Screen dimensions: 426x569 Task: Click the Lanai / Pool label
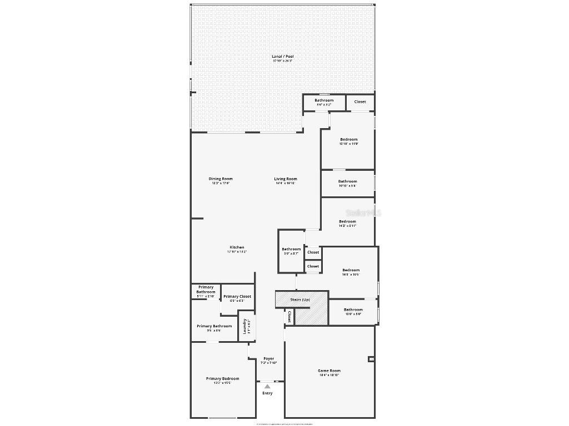(282, 57)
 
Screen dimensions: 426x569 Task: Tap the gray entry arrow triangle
(267, 387)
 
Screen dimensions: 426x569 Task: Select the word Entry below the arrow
(267, 393)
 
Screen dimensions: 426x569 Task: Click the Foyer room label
(269, 359)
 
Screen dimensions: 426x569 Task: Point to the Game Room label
(329, 371)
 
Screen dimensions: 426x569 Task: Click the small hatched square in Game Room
(371, 359)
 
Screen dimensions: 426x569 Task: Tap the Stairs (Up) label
(300, 300)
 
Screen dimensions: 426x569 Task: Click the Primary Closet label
(237, 297)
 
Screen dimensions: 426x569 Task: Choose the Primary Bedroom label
(222, 379)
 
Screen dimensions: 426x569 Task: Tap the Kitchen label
(237, 247)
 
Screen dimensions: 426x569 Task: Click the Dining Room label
(221, 179)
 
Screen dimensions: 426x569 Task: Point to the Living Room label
(285, 179)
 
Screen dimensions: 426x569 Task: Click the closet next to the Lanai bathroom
(360, 102)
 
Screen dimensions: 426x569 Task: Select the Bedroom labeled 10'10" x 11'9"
(348, 140)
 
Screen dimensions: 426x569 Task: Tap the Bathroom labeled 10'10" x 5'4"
(348, 182)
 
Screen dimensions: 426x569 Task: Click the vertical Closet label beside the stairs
(289, 317)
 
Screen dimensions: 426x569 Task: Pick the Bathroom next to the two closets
(291, 250)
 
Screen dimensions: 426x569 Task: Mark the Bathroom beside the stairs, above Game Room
(353, 310)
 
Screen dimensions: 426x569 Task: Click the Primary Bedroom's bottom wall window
(222, 418)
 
